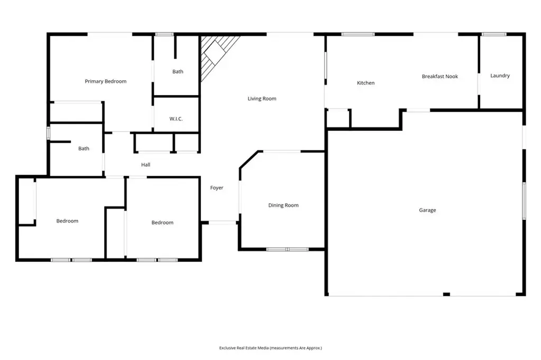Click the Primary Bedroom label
[x=106, y=81]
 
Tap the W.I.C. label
[x=176, y=119]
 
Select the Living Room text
[x=262, y=99]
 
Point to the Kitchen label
[x=366, y=83]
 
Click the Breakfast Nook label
[x=440, y=77]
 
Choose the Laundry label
[x=500, y=75]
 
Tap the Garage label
[x=427, y=210]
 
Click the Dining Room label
[x=283, y=205]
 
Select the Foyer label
[x=217, y=188]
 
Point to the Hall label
[x=146, y=165]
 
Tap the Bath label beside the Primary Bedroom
[x=178, y=72]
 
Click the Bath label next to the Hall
[x=83, y=149]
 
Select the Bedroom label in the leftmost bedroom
[x=67, y=221]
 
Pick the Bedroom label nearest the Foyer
[x=163, y=223]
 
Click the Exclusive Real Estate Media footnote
[x=270, y=348]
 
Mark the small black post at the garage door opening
[x=446, y=294]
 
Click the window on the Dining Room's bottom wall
[x=287, y=249]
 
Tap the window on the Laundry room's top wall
[x=494, y=34]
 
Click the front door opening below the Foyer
[x=222, y=223]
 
